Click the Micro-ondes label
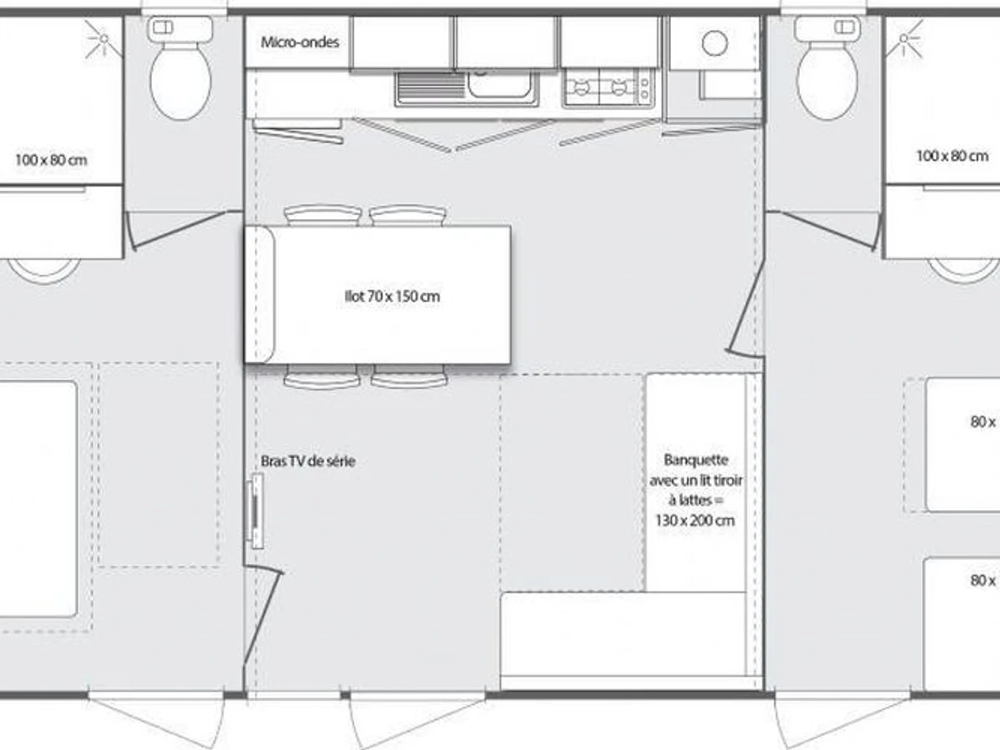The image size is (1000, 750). pyautogui.click(x=300, y=42)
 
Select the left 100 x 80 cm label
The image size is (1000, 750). pyautogui.click(x=51, y=159)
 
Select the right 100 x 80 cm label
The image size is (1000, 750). pyautogui.click(x=952, y=156)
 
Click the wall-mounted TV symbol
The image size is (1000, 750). pyautogui.click(x=257, y=511)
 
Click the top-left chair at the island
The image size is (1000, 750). pyautogui.click(x=322, y=215)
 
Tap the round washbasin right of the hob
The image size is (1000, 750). pyautogui.click(x=714, y=42)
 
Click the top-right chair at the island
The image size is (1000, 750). pyautogui.click(x=408, y=215)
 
